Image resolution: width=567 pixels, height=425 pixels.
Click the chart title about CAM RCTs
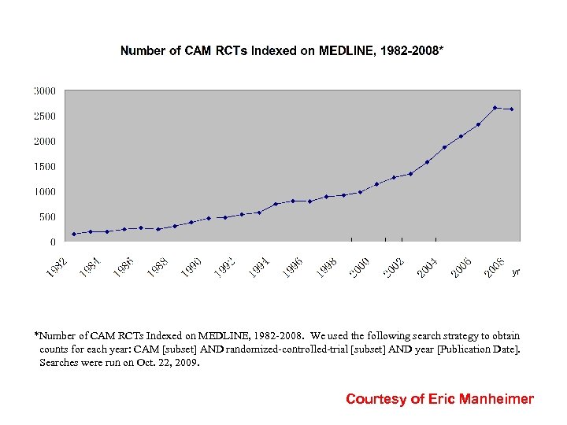[x=281, y=51]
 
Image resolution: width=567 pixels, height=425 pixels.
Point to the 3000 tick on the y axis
[x=44, y=91]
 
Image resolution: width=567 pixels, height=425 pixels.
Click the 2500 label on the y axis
[x=44, y=116]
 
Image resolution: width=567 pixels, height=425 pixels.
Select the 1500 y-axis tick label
[x=44, y=167]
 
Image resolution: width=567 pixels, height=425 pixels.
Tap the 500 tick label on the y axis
[x=46, y=217]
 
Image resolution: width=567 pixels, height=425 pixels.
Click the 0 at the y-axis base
[x=52, y=242]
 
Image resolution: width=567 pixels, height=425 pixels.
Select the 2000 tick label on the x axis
[x=361, y=267]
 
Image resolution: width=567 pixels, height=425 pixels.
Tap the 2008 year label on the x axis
[x=495, y=267]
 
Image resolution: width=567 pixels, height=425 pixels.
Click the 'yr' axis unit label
[x=516, y=272]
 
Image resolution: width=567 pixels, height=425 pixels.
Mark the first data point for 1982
[x=74, y=234]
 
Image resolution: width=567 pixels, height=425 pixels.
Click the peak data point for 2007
[x=495, y=108]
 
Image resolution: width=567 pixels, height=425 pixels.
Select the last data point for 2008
[x=512, y=109]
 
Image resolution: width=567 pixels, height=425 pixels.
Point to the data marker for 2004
[x=444, y=147]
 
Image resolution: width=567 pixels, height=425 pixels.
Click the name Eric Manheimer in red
[x=481, y=399]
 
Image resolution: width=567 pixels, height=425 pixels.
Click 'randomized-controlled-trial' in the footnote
[x=278, y=349]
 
